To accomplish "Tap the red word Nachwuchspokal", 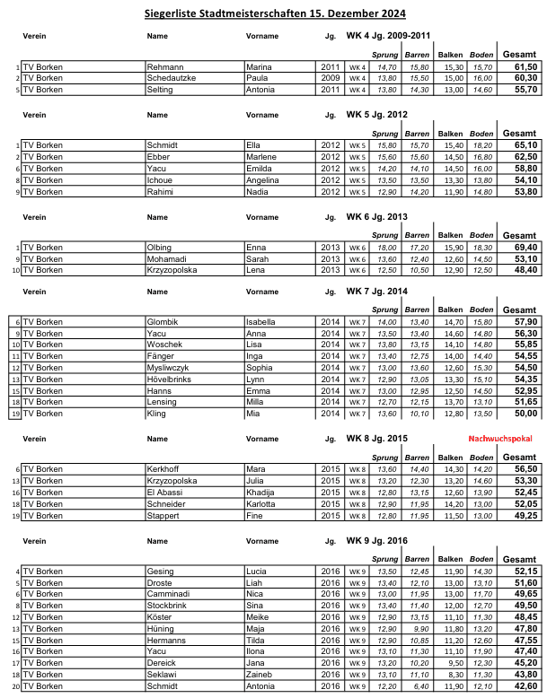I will (499, 440).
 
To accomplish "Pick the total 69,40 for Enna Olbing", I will (525, 247).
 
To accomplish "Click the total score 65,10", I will (525, 145).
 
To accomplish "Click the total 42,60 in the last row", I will (525, 685).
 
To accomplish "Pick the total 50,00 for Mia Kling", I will (525, 414).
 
